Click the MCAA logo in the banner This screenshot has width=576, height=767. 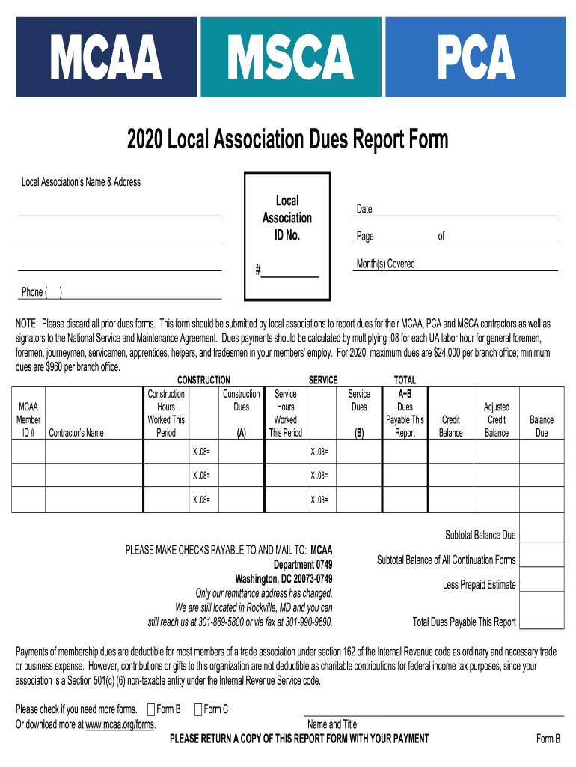click(x=106, y=58)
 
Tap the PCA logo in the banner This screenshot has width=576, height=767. click(x=476, y=58)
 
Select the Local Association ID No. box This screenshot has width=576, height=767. click(x=287, y=225)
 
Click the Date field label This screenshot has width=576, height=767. click(x=364, y=210)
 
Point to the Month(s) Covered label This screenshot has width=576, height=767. click(x=385, y=264)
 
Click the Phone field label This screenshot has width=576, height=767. click(x=33, y=292)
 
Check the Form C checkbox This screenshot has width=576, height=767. click(x=198, y=709)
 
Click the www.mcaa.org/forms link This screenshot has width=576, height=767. click(x=120, y=725)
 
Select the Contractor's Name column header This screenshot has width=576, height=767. click(x=76, y=433)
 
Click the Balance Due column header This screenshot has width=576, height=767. click(x=542, y=426)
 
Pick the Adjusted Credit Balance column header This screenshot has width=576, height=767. click(x=497, y=419)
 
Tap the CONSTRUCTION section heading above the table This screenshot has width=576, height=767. click(x=203, y=381)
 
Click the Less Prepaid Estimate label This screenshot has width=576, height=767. click(x=479, y=584)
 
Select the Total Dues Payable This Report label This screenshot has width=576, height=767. click(x=464, y=622)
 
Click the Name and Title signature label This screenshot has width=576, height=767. click(x=332, y=724)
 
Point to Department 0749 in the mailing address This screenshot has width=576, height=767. click(x=303, y=564)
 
